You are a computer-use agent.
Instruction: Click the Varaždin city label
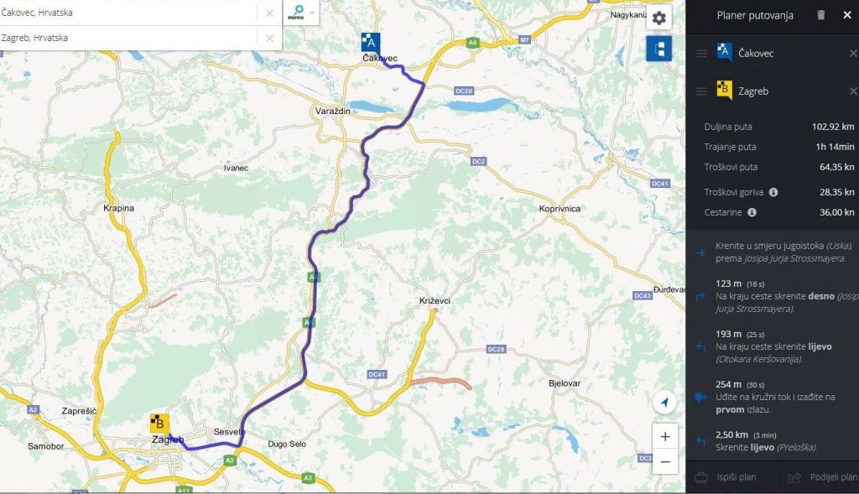(331, 112)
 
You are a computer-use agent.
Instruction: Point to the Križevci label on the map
(435, 300)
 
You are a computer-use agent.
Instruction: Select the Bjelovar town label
(564, 382)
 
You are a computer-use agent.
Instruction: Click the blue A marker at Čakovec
(370, 43)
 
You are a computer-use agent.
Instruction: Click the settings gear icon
(659, 18)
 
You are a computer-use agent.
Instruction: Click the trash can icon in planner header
(820, 15)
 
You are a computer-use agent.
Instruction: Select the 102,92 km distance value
(833, 127)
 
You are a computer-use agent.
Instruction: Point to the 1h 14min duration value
(835, 148)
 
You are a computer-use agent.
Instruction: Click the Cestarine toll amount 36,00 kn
(836, 213)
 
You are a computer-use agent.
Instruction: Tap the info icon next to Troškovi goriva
(773, 192)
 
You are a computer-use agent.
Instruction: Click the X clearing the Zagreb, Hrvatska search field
(269, 38)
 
